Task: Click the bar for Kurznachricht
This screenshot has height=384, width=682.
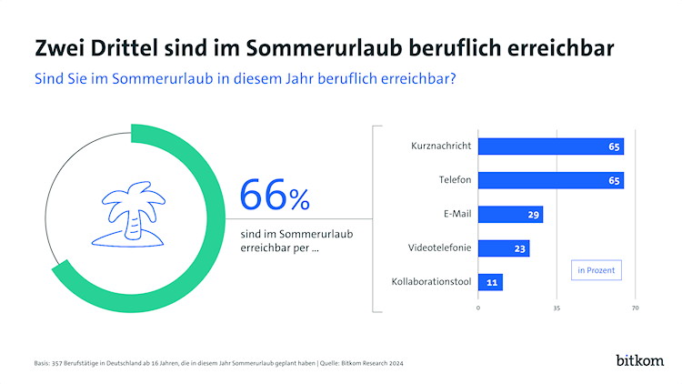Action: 550,147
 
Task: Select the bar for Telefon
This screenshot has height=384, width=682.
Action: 550,180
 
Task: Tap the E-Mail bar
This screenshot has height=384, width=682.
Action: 510,215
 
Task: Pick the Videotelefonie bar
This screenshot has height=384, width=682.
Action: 504,248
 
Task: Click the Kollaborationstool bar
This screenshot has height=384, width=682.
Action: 490,282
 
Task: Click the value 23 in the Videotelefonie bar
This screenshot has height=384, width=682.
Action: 521,248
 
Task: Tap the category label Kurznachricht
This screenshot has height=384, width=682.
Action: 440,147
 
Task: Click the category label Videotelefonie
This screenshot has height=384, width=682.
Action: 440,248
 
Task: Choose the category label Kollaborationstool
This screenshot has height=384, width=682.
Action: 431,282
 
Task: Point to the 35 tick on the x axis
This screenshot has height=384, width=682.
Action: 557,308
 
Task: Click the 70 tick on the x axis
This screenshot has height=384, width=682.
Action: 635,308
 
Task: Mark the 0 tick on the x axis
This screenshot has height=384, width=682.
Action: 478,308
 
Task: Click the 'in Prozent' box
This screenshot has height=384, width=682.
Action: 596,270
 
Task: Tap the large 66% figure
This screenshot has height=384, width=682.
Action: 274,195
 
